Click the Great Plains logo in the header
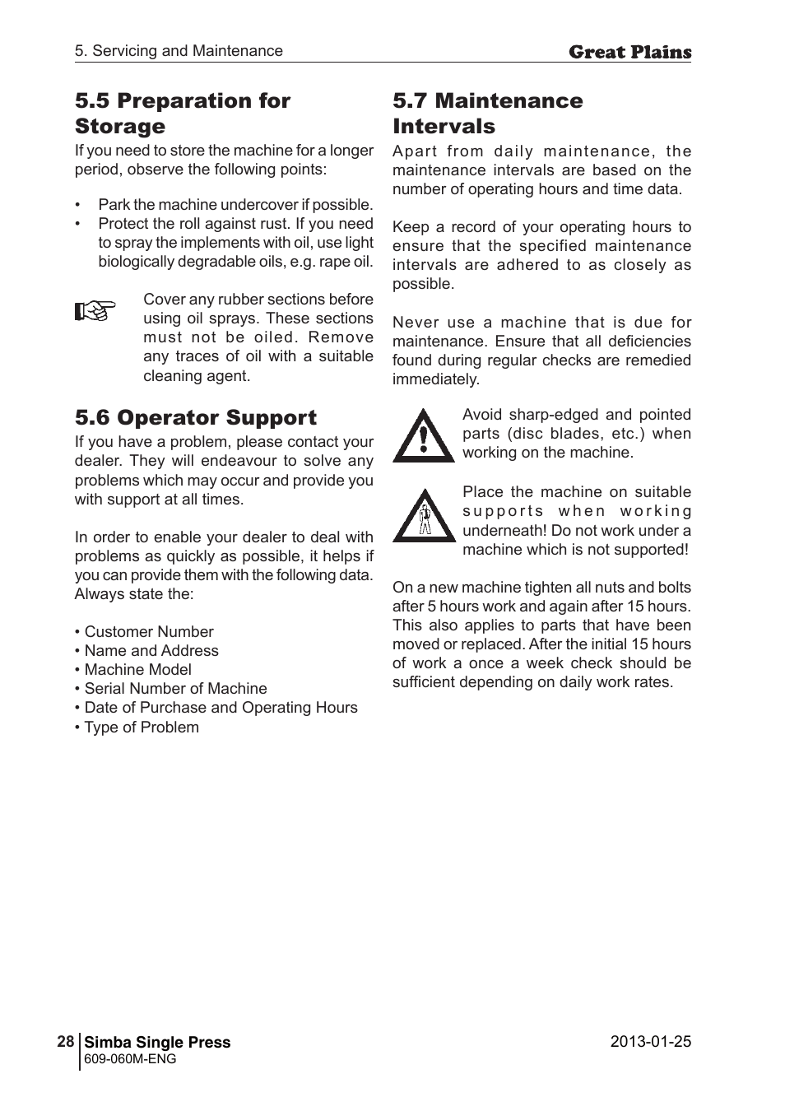click(629, 53)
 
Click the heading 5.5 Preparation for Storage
click(182, 114)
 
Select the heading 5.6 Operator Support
click(196, 417)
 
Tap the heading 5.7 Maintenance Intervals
click(487, 114)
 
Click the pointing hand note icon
click(95, 311)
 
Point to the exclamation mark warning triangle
click(423, 436)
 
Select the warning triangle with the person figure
click(424, 516)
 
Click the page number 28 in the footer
click(66, 1041)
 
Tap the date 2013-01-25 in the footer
click(650, 1041)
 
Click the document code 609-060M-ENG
click(130, 1059)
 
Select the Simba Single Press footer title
click(157, 1042)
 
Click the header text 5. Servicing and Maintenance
click(179, 51)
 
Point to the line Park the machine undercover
click(235, 205)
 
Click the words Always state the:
click(134, 594)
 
